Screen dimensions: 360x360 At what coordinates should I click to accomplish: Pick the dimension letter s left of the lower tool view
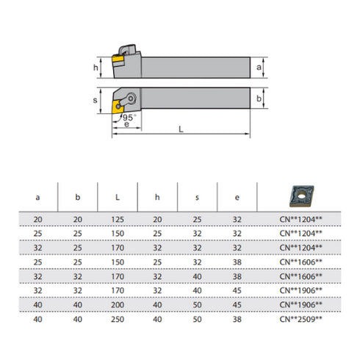96,98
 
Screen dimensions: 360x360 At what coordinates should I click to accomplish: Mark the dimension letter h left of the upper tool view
96,68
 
